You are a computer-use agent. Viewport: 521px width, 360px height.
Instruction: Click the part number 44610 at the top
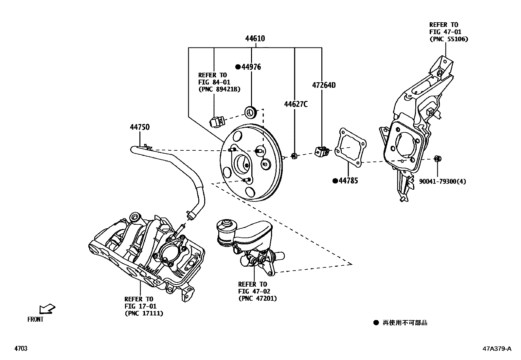pos(255,39)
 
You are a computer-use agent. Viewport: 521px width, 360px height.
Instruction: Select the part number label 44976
pos(251,67)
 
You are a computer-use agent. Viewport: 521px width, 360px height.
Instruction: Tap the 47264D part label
pos(324,85)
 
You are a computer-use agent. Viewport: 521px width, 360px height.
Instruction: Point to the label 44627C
pos(296,104)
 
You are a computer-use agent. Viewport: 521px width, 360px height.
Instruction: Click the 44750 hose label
pos(140,127)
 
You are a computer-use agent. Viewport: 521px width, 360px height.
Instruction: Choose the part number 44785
pos(348,181)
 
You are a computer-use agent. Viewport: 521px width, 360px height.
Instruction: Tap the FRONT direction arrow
pos(47,309)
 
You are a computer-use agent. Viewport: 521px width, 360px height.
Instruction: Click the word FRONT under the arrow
pos(35,319)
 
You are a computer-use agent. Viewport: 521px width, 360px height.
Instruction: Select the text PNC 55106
pos(449,39)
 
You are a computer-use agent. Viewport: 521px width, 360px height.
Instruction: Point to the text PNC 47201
pos(258,298)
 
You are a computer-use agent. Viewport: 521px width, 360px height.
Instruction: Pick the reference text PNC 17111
pos(144,313)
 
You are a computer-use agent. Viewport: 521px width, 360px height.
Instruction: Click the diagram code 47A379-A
pos(496,349)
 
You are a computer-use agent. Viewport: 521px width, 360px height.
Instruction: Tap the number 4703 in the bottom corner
pos(21,349)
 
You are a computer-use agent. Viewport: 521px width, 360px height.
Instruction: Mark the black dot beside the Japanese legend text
pos(376,323)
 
